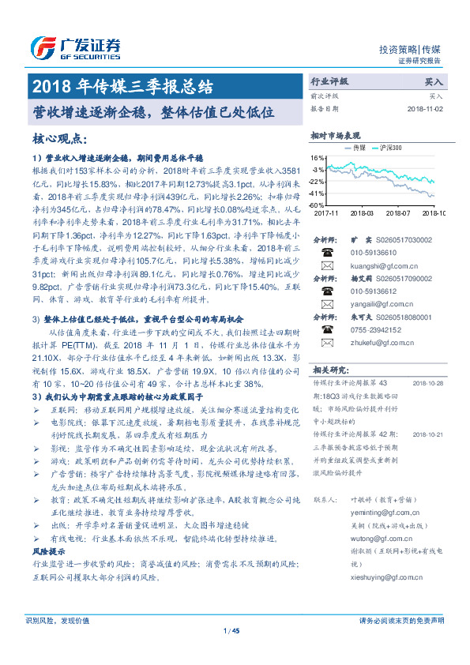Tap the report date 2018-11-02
coord(427,109)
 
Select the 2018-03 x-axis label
coord(360,213)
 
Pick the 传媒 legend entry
coord(355,148)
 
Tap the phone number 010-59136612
coord(370,291)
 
